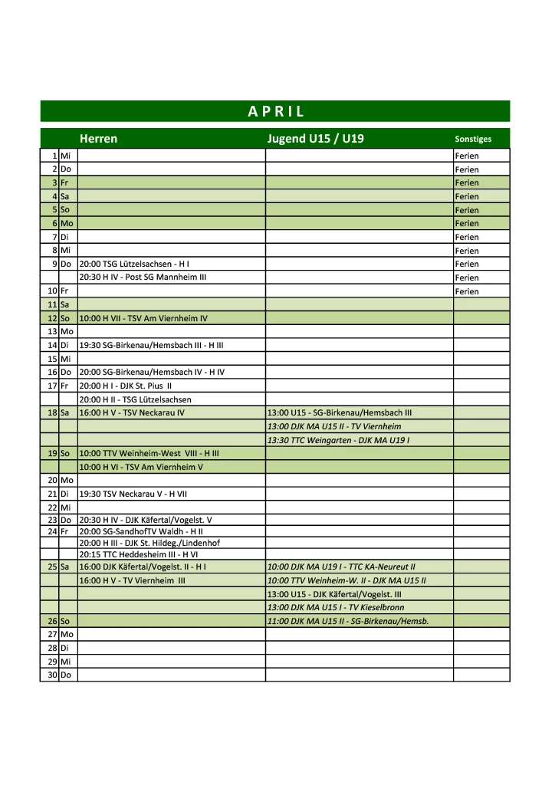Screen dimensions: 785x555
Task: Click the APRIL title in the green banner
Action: coord(276,111)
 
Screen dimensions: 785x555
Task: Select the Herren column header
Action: coord(98,139)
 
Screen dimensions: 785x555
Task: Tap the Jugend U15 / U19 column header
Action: coord(315,139)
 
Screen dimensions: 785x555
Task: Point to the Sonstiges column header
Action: coord(473,140)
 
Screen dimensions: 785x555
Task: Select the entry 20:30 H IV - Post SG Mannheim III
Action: coord(143,277)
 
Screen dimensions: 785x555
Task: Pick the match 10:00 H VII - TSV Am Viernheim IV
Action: coord(143,317)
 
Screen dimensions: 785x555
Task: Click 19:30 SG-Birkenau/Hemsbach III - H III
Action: coord(151,345)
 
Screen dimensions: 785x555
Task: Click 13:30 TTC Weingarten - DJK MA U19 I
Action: coord(338,440)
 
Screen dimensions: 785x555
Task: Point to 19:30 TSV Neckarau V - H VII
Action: coord(133,494)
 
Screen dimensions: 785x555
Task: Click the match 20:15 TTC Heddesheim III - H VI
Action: coord(139,554)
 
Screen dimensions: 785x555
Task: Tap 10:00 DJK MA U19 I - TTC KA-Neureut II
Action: coord(341,567)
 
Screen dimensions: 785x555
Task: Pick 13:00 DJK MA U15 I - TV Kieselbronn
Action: coord(336,607)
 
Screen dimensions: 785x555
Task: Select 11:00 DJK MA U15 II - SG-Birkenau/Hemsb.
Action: coord(347,621)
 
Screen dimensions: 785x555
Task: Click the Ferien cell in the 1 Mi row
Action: coord(467,156)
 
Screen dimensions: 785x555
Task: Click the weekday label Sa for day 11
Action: coord(65,304)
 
